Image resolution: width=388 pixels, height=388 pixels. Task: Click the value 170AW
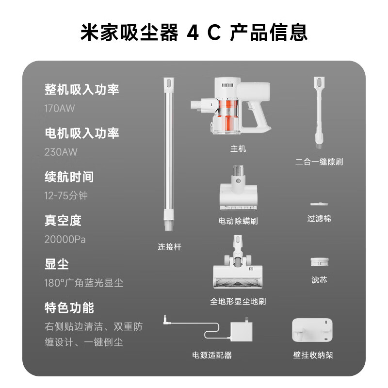59,108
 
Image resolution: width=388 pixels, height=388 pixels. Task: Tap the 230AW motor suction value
61,152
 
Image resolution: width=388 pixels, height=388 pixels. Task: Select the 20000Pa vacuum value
65,239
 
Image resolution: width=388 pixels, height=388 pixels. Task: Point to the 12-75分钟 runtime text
66,196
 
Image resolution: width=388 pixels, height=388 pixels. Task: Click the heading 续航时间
69,177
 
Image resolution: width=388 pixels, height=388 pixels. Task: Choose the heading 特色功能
69,307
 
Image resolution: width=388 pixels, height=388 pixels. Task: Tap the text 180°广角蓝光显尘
83,283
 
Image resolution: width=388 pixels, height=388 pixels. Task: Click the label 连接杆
169,247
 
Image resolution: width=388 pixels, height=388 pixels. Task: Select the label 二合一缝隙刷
319,162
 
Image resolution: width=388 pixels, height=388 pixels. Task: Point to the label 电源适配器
212,355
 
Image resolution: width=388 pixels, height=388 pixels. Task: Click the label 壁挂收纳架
313,355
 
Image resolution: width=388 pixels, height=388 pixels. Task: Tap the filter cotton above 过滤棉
319,204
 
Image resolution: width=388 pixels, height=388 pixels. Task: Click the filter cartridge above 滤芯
320,262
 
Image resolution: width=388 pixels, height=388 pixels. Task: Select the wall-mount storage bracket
312,330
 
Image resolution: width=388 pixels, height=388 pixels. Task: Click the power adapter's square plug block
241,331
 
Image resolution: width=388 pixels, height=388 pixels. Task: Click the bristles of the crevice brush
319,146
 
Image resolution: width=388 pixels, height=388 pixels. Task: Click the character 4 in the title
193,32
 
